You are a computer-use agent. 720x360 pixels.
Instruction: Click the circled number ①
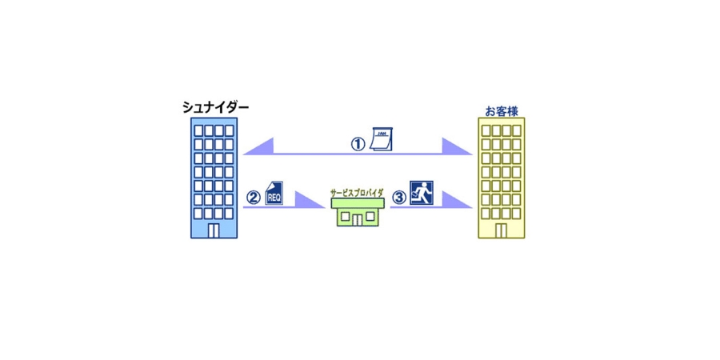click(x=358, y=144)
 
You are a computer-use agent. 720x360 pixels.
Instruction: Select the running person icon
click(x=422, y=194)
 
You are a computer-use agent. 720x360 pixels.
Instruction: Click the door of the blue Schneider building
click(x=214, y=230)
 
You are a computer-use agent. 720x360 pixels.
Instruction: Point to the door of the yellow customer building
click(x=501, y=230)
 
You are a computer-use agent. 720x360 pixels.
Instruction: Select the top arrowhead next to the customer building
click(x=458, y=146)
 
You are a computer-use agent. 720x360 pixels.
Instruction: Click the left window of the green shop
click(x=345, y=217)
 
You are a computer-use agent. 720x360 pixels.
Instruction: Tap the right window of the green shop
click(x=369, y=217)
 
